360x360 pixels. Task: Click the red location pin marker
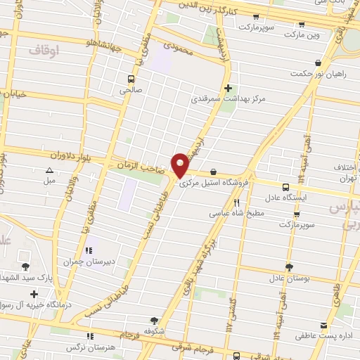[x=180, y=165]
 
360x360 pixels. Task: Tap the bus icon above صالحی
[x=131, y=79]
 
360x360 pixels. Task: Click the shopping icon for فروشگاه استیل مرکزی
[x=212, y=173]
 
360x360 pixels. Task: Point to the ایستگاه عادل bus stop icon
[x=285, y=187]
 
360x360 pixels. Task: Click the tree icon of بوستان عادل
[x=288, y=266]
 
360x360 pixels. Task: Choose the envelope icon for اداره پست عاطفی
[x=323, y=326]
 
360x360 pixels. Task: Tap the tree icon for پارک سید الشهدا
[x=26, y=266]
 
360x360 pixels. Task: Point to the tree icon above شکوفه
[x=154, y=320]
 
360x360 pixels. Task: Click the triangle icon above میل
[x=49, y=170]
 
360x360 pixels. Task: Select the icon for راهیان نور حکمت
[x=319, y=63]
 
